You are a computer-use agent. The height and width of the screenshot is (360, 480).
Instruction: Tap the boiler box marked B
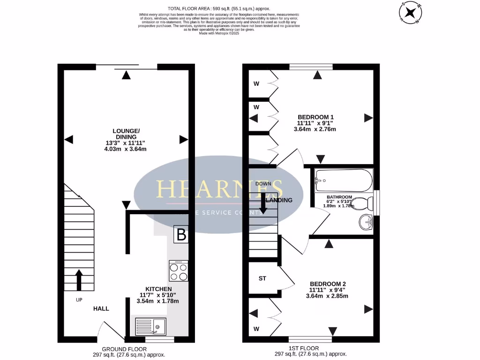click(x=181, y=235)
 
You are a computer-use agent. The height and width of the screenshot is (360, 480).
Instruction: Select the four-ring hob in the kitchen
click(x=179, y=270)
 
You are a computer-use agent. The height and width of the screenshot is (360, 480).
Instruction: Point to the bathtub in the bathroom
click(x=344, y=179)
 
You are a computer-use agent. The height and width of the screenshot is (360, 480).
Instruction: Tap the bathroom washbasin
click(x=365, y=221)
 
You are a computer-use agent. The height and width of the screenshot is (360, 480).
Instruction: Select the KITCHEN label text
click(x=158, y=289)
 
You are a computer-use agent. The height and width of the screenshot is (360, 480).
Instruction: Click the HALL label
click(x=101, y=308)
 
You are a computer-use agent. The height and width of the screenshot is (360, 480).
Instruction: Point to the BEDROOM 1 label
click(x=316, y=117)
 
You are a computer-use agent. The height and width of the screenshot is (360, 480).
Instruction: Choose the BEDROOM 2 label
click(x=328, y=284)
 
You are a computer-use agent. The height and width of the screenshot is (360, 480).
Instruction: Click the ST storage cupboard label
click(x=262, y=278)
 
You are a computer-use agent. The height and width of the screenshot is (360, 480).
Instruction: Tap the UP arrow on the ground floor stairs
click(x=78, y=280)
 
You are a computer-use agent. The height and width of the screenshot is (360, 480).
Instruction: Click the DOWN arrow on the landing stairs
click(x=263, y=203)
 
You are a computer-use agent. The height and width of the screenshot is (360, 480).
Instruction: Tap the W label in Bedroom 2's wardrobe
click(x=256, y=329)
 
